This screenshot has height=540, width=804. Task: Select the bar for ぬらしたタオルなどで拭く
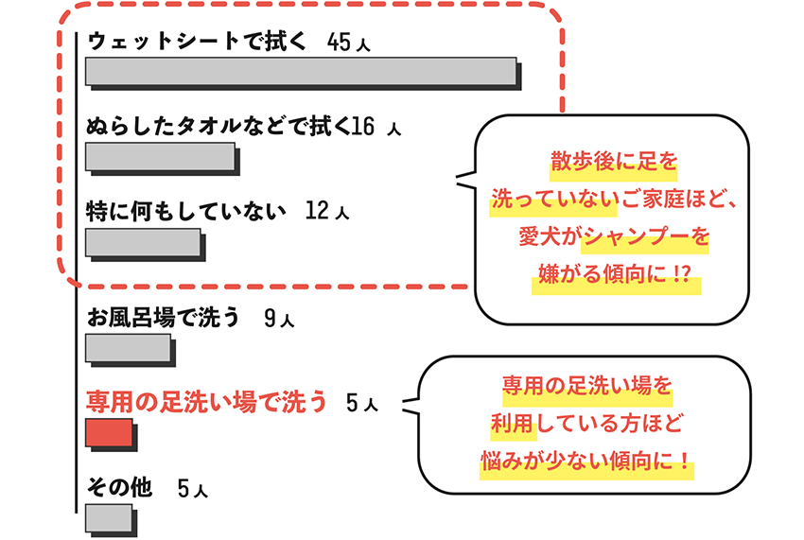tap(160, 156)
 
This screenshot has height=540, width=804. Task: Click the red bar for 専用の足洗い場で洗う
tap(109, 434)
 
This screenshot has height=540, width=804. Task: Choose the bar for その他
tap(108, 518)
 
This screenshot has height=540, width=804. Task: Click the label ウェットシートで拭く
tap(197, 43)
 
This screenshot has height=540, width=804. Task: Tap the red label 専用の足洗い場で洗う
tap(206, 403)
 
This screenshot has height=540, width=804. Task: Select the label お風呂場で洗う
tap(163, 319)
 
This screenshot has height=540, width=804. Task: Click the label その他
tap(119, 487)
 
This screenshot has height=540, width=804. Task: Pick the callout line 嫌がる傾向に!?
tap(614, 277)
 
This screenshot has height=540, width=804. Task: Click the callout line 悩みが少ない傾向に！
tap(586, 464)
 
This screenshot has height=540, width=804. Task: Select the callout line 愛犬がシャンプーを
tap(614, 238)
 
